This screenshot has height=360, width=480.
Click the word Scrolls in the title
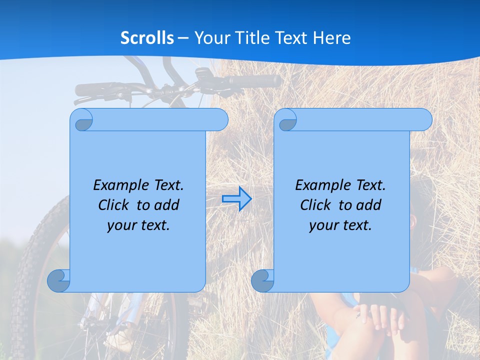[147, 38]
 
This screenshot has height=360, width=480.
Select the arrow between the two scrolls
[236, 199]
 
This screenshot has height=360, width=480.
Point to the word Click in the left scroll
[113, 205]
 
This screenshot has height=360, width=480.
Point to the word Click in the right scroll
[315, 205]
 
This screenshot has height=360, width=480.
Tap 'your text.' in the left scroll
[138, 225]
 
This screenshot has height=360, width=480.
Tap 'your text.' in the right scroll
[340, 225]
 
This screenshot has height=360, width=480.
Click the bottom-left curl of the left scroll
[59, 281]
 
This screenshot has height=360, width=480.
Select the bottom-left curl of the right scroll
[263, 281]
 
